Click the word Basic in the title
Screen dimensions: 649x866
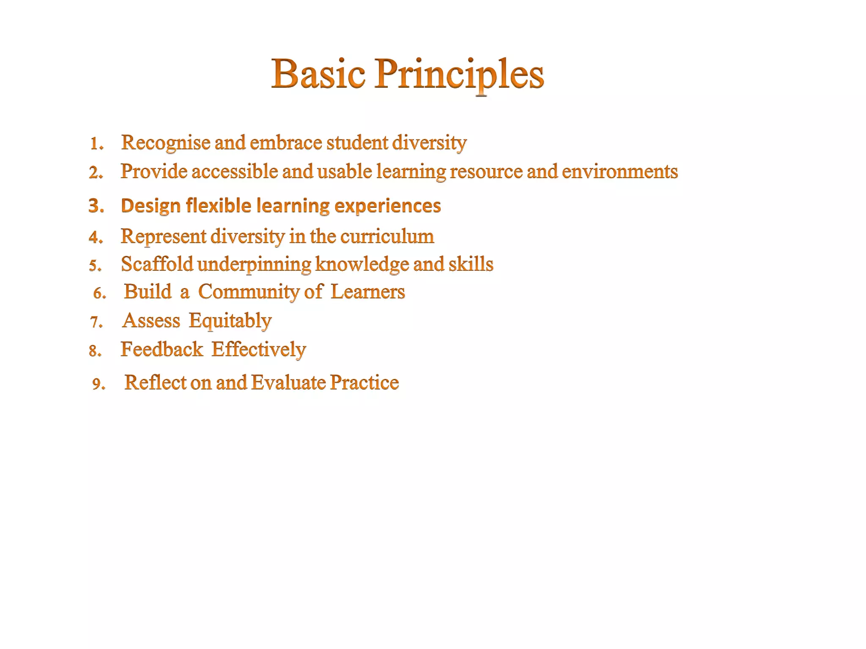318,74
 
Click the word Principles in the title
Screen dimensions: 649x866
459,74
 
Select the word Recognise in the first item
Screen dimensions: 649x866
166,143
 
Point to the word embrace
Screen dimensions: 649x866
286,143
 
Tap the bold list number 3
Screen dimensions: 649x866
96,206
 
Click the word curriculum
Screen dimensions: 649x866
387,236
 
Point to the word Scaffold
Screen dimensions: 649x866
157,264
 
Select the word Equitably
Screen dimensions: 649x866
230,321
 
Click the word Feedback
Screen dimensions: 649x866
162,349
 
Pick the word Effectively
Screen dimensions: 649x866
259,349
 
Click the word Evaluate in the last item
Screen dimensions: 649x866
288,383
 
